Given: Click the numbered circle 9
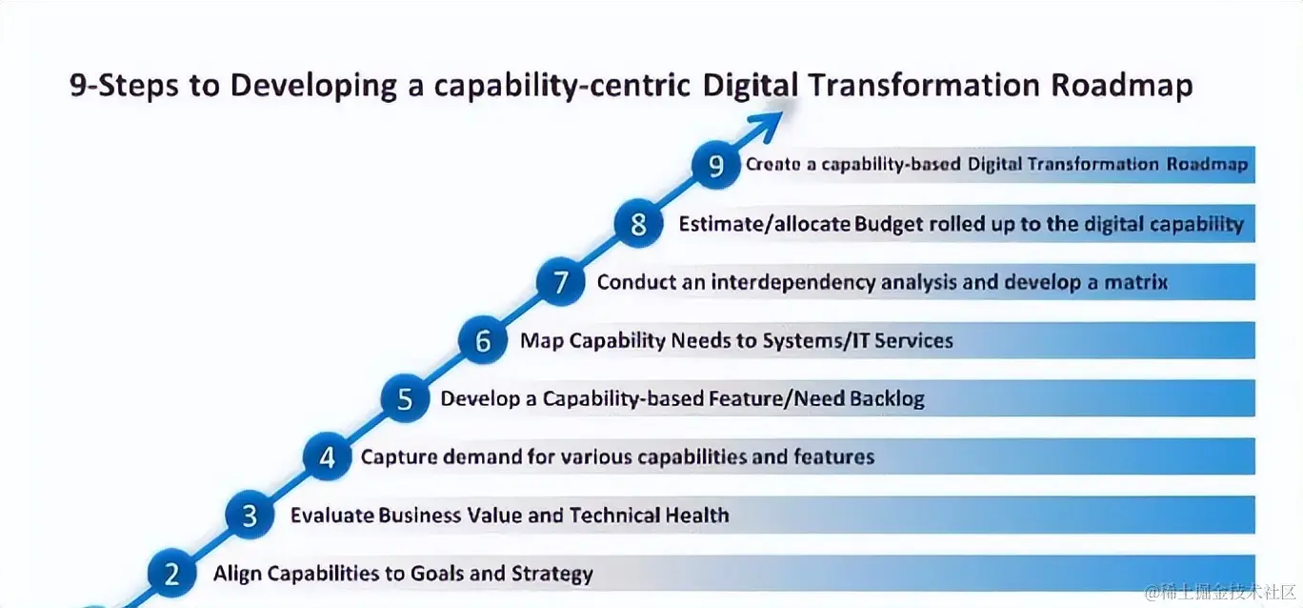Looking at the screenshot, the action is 715,165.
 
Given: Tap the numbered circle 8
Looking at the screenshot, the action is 638,223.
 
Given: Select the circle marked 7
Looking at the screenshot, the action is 560,281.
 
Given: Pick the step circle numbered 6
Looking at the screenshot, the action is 482,340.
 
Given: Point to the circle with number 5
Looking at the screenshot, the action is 405,398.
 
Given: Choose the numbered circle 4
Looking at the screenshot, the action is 327,456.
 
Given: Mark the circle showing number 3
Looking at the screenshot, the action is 250,515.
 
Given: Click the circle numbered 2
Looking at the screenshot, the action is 171,574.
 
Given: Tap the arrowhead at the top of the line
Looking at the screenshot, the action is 767,125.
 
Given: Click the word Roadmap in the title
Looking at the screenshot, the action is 1121,86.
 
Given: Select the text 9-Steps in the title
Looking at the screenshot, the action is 124,86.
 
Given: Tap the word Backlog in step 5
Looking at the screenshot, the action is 887,399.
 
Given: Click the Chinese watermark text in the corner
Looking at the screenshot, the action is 1220,593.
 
